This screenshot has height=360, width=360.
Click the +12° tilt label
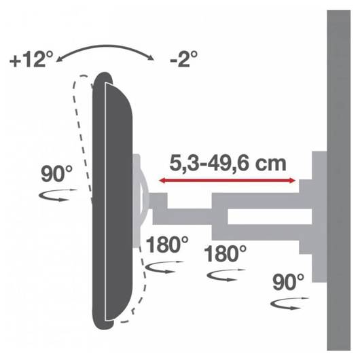pos(31,60)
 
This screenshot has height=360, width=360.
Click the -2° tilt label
pos(183,59)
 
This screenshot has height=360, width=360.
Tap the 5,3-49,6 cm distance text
pos(228,164)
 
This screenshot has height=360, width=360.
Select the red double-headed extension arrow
pos(228,181)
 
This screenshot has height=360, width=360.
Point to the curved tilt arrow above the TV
pos(105,46)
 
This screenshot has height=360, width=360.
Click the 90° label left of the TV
pos(56,174)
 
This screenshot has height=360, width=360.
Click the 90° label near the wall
pos(288,282)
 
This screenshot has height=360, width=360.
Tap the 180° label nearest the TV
pos(167,245)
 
